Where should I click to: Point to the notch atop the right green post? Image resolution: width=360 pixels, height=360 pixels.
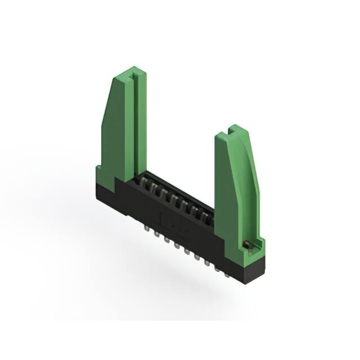tap(233, 131)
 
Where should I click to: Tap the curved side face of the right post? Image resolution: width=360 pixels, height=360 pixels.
tap(253, 186)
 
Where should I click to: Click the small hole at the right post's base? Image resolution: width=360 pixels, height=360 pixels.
tap(246, 244)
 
